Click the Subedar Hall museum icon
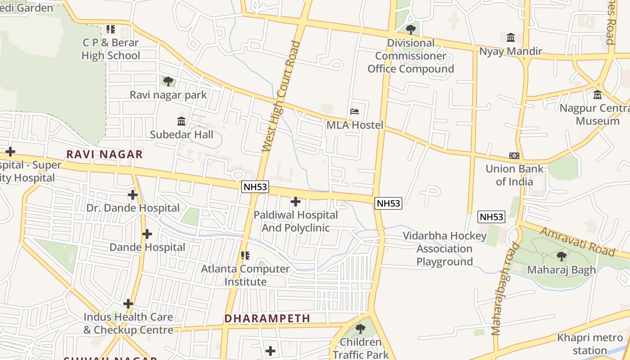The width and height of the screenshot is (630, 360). click(x=181, y=121)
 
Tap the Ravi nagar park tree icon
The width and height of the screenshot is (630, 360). click(x=168, y=81)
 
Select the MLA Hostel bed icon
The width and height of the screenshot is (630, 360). click(x=355, y=112)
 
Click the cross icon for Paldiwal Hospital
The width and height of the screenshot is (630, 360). click(x=296, y=202)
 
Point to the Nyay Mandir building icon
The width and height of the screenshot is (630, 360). click(x=511, y=38)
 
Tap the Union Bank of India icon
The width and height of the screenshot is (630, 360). click(x=514, y=156)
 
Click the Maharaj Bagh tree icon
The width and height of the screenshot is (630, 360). click(x=561, y=256)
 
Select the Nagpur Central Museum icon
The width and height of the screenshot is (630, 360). click(x=598, y=95)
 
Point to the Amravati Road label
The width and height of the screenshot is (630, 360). click(x=577, y=241)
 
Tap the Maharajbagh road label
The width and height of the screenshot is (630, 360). click(x=503, y=290)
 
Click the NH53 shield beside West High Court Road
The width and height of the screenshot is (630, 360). click(x=255, y=187)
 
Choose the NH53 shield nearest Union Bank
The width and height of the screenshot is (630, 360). click(x=491, y=217)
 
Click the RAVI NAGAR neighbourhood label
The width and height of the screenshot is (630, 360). click(x=104, y=154)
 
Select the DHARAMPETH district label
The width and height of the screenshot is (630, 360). click(x=267, y=319)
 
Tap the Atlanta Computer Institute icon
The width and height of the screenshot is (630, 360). click(x=245, y=256)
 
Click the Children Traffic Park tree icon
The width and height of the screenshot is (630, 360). click(x=360, y=329)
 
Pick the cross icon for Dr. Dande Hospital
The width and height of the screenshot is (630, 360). click(x=132, y=195)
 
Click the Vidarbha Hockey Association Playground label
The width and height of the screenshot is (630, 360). click(x=444, y=249)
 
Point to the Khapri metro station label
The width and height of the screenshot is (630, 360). click(x=590, y=344)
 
